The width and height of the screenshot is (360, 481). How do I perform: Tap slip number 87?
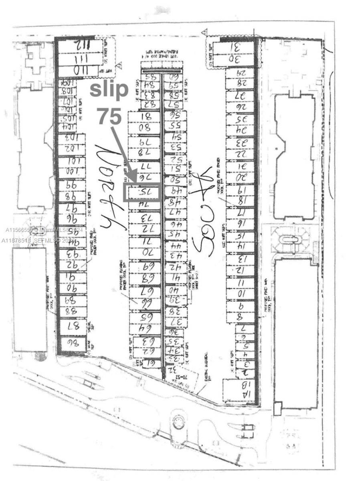[x=73, y=326]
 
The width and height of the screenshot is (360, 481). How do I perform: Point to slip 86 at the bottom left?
[x=72, y=343]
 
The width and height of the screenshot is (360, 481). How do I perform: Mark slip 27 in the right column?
[x=239, y=96]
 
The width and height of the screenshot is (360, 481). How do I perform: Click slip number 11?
[x=240, y=283]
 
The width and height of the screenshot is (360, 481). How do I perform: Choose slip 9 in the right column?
[x=240, y=306]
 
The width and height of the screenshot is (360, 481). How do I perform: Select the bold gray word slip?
[x=109, y=90]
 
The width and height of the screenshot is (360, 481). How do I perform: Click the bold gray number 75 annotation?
[x=109, y=117]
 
